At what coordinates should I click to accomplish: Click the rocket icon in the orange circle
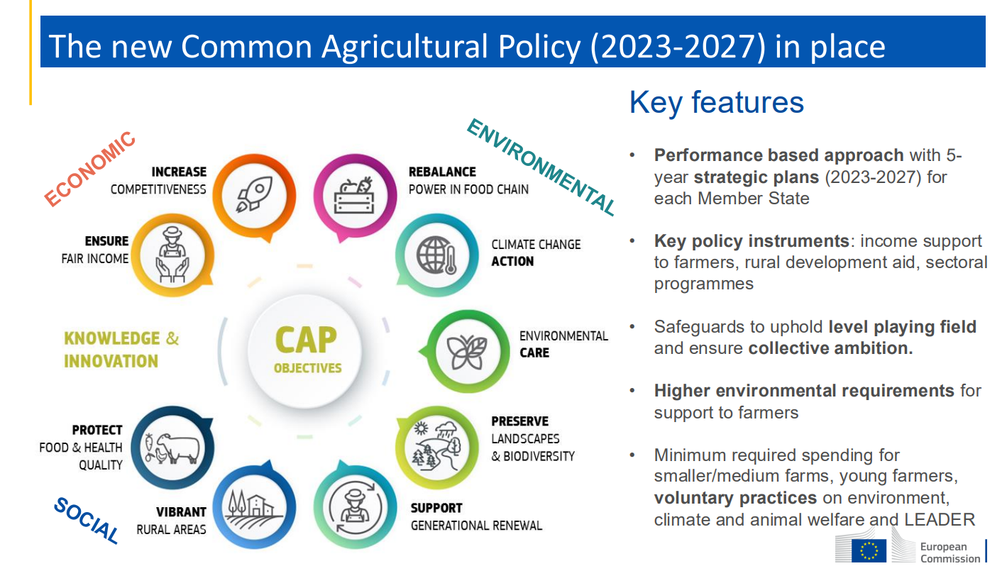click(x=255, y=194)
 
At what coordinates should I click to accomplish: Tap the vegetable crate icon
click(x=354, y=196)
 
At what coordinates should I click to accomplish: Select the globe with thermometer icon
click(x=436, y=255)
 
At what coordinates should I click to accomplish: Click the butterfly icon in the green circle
click(x=467, y=353)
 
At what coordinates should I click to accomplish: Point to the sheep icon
click(x=172, y=448)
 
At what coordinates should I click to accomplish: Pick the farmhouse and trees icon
click(x=253, y=509)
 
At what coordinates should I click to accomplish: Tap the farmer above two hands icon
click(x=172, y=255)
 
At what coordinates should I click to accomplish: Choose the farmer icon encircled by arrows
click(x=355, y=508)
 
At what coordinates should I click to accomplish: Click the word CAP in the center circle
click(x=306, y=340)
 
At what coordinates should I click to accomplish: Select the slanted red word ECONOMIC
click(x=89, y=169)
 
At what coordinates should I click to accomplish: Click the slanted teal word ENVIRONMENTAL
click(x=541, y=167)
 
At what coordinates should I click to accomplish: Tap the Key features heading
click(x=716, y=102)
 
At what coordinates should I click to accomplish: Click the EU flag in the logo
click(x=869, y=550)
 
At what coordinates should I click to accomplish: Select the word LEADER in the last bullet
click(x=939, y=520)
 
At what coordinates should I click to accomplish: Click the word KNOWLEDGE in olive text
click(x=112, y=338)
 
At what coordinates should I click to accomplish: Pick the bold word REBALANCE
click(x=442, y=172)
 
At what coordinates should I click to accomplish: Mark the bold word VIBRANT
click(x=181, y=511)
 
